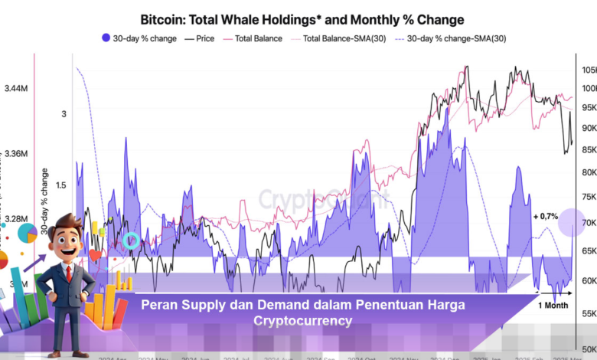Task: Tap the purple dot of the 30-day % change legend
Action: [106, 38]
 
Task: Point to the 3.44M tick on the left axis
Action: [16, 89]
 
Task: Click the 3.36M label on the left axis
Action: [16, 153]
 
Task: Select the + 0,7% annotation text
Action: [545, 217]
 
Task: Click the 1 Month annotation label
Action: [553, 306]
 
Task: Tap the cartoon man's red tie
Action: [69, 273]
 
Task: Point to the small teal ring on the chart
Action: [132, 241]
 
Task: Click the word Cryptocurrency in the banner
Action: [303, 321]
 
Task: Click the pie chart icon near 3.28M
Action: [27, 233]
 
